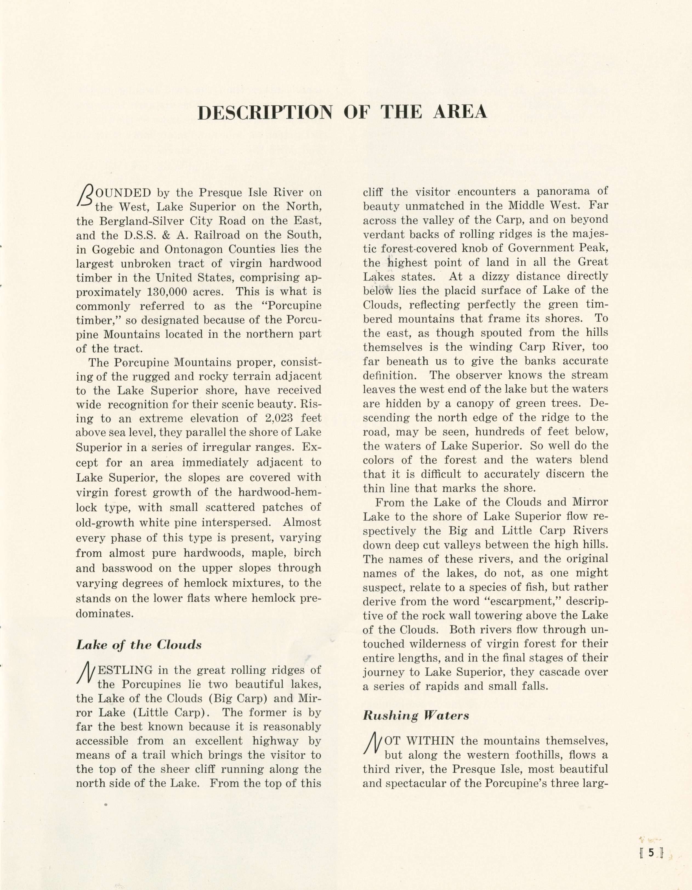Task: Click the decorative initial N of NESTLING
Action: click(85, 673)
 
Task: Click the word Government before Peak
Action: click(532, 248)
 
